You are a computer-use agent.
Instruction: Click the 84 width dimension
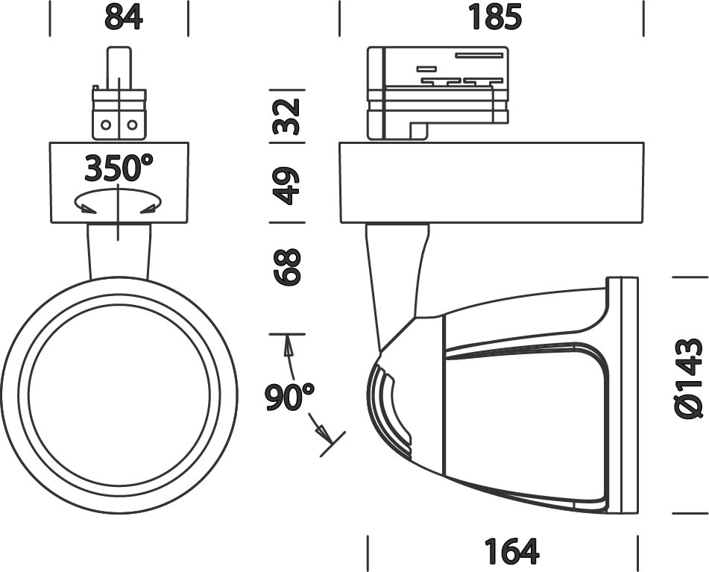124,17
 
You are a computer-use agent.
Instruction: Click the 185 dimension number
495,17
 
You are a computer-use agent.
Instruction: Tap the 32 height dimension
287,116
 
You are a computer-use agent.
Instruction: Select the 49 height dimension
287,186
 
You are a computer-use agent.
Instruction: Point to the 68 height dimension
287,267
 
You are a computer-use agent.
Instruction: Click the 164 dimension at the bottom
511,550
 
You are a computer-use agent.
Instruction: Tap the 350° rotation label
119,167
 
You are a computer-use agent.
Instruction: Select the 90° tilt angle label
289,397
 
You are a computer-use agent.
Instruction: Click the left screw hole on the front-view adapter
106,125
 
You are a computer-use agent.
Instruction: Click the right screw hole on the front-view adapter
132,125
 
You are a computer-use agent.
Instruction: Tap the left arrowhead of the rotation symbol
87,208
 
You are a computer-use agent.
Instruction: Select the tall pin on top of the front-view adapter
119,68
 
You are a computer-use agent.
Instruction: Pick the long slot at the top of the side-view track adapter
479,56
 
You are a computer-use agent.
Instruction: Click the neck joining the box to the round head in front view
119,251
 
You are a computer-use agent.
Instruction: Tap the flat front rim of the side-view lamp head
623,395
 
